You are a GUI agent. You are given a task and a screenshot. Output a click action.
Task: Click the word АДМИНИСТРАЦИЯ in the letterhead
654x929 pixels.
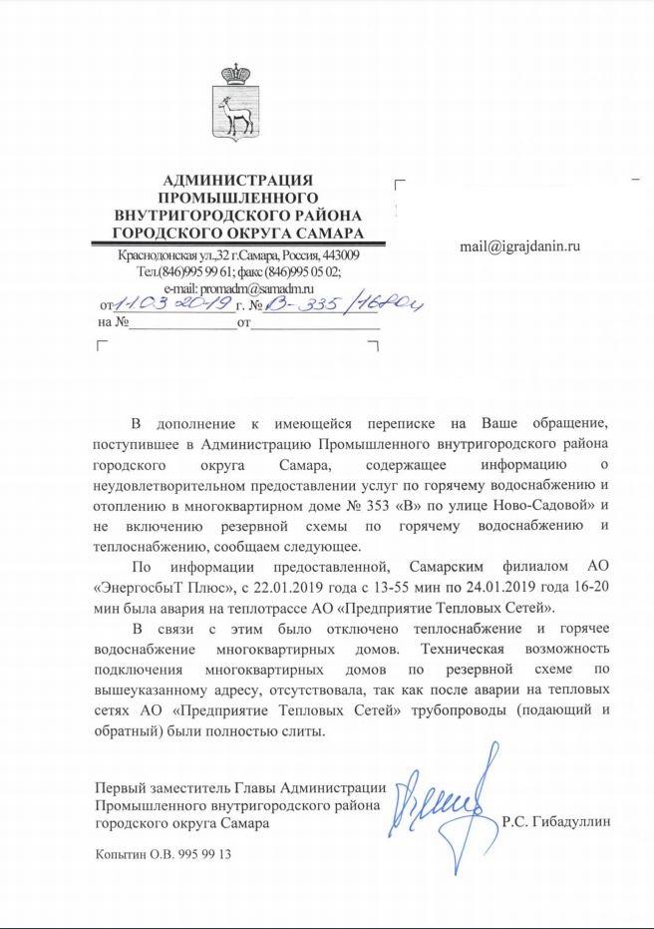click(x=236, y=179)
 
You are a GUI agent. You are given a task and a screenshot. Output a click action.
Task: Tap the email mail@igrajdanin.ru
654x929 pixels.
click(x=519, y=243)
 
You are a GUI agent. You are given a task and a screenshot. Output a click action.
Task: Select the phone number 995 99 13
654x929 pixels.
click(x=203, y=857)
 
